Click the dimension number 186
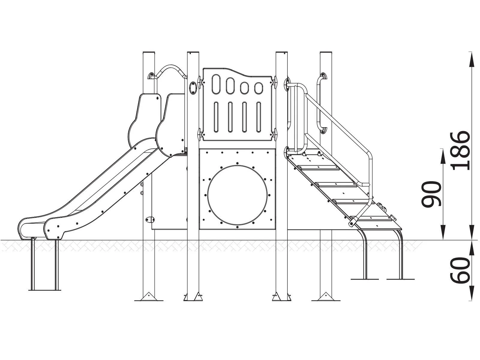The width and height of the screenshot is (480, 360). click(461, 150)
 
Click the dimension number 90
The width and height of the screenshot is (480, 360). click(432, 194)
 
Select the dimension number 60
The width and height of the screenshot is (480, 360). click(461, 270)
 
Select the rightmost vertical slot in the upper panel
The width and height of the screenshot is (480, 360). click(259, 117)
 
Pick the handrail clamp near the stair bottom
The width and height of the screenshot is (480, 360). click(353, 222)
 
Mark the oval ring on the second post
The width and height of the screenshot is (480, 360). click(193, 87)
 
